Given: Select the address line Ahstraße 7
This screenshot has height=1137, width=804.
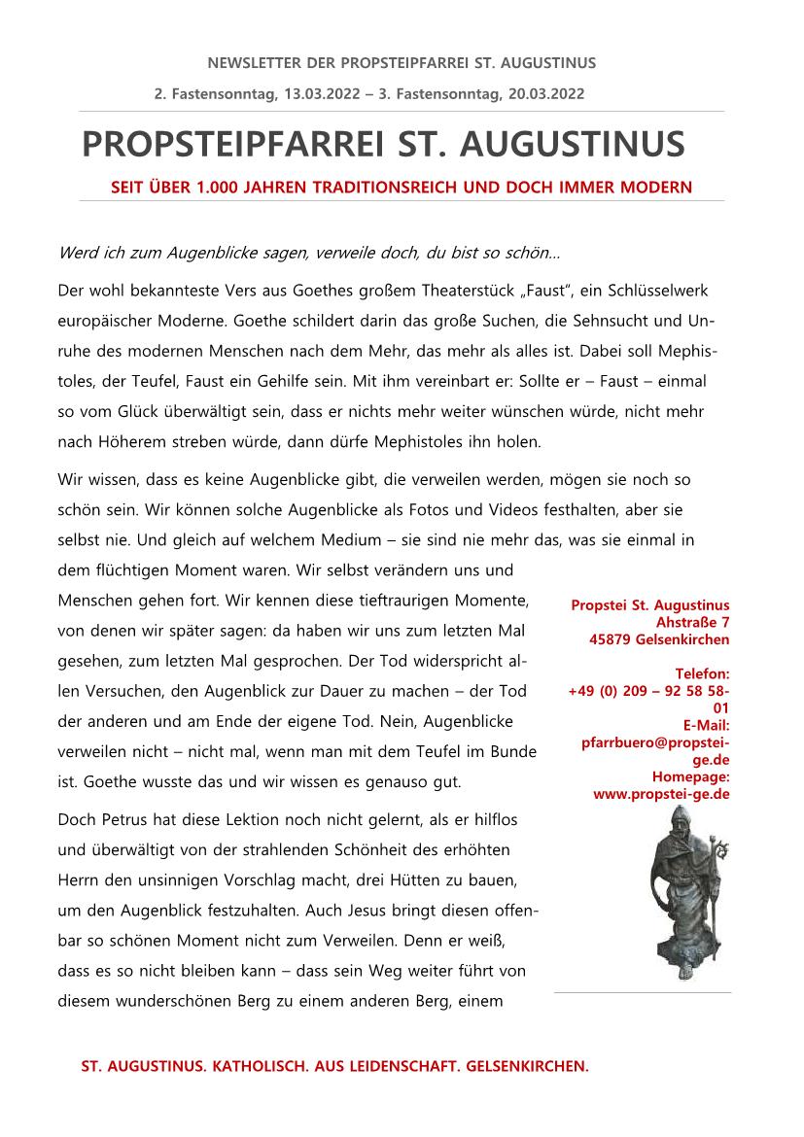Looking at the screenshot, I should (693, 622).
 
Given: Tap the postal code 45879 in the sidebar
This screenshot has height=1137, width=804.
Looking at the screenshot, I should (610, 639).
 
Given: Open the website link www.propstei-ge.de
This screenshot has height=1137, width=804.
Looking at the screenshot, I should (661, 794).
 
